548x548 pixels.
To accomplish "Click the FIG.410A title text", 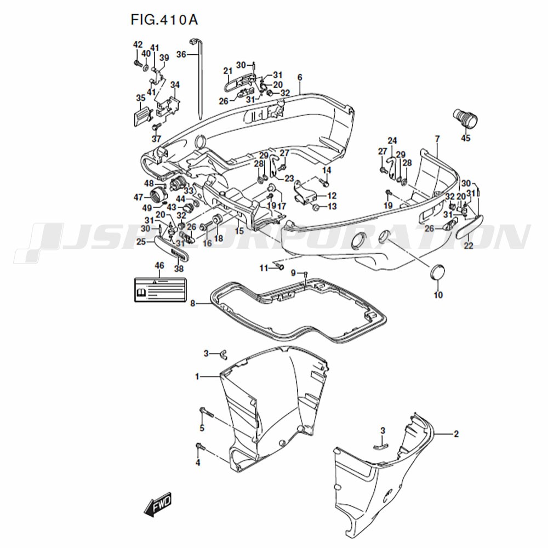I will click(164, 20).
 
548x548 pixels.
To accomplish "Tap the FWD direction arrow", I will click(158, 505).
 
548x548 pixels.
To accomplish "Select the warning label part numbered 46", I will click(158, 289).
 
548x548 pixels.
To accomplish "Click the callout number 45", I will click(465, 138).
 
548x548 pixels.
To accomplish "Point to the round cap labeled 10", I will click(437, 272).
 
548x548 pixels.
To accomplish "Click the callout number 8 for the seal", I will click(192, 302).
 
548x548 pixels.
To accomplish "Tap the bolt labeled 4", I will click(199, 448).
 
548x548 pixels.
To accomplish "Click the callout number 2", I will click(456, 434).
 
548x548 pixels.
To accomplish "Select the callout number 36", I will click(181, 54).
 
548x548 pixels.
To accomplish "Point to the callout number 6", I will click(300, 77).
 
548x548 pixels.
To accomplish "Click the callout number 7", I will click(437, 139).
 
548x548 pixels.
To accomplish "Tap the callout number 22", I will click(469, 246).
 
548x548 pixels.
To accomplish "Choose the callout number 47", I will click(138, 197).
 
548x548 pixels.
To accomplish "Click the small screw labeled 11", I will click(278, 267).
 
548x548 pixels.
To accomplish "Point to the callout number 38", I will click(179, 269).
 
